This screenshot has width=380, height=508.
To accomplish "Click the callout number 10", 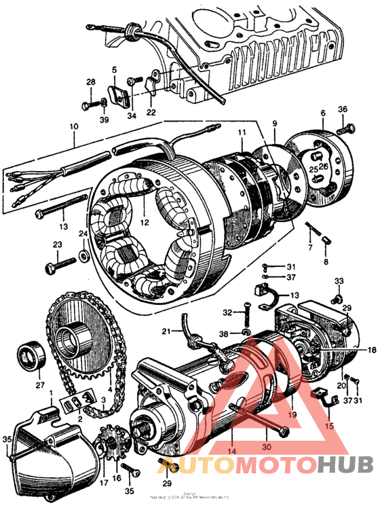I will (x=74, y=126).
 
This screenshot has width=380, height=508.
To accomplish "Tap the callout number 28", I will (x=90, y=82).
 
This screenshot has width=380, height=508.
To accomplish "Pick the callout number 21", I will (x=166, y=331).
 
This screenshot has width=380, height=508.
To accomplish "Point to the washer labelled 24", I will (x=83, y=256).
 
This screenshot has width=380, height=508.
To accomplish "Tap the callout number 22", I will (x=151, y=112).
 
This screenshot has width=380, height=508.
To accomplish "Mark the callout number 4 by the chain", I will (x=109, y=371).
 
